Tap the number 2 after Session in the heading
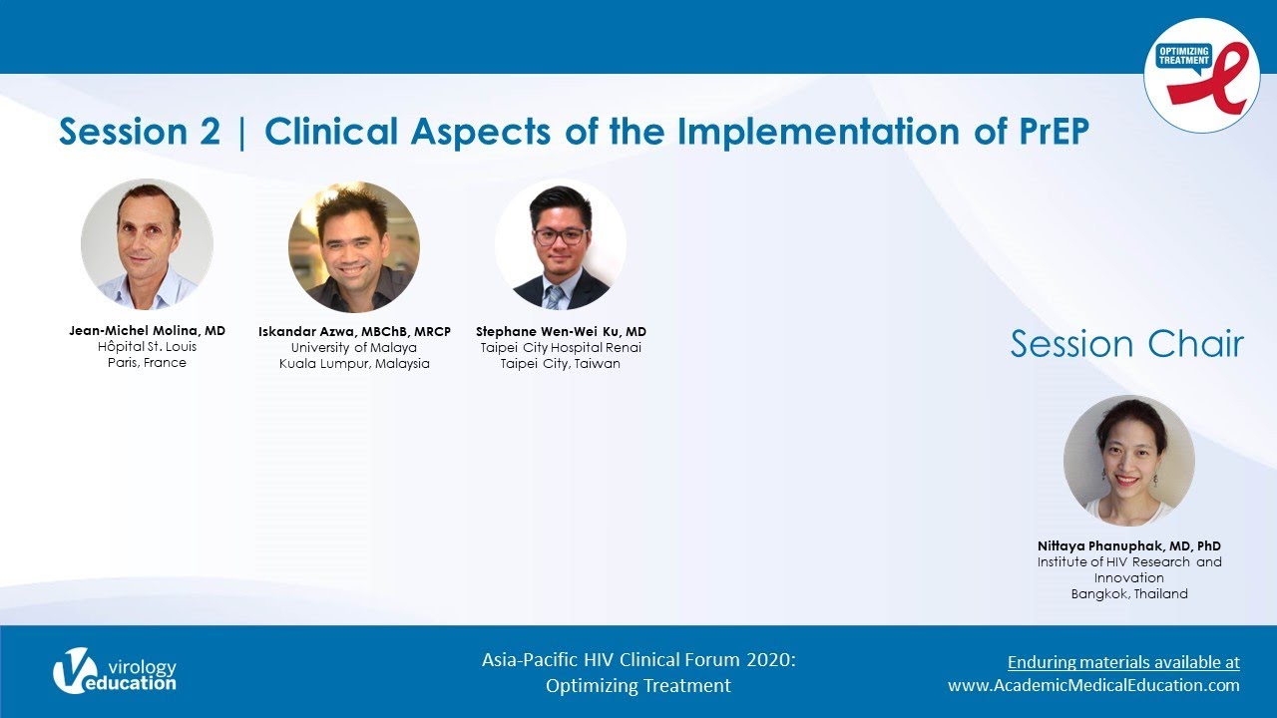tap(210, 132)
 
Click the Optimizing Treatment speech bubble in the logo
tap(1184, 58)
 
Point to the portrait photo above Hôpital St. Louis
tap(147, 244)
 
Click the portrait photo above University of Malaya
tap(354, 246)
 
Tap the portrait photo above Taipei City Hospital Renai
tap(561, 245)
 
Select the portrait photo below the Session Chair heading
tap(1129, 461)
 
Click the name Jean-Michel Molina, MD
tap(147, 330)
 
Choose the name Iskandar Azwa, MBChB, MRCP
tap(354, 332)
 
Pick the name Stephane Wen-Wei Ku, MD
tap(561, 332)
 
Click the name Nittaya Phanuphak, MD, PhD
tap(1129, 545)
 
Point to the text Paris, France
tap(147, 362)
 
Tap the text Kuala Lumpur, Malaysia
tap(354, 364)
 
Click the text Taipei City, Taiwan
tap(561, 364)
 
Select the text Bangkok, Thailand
tap(1129, 593)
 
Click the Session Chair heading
tap(1127, 344)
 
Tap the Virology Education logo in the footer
tap(115, 671)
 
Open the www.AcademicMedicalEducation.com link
tap(1093, 685)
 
